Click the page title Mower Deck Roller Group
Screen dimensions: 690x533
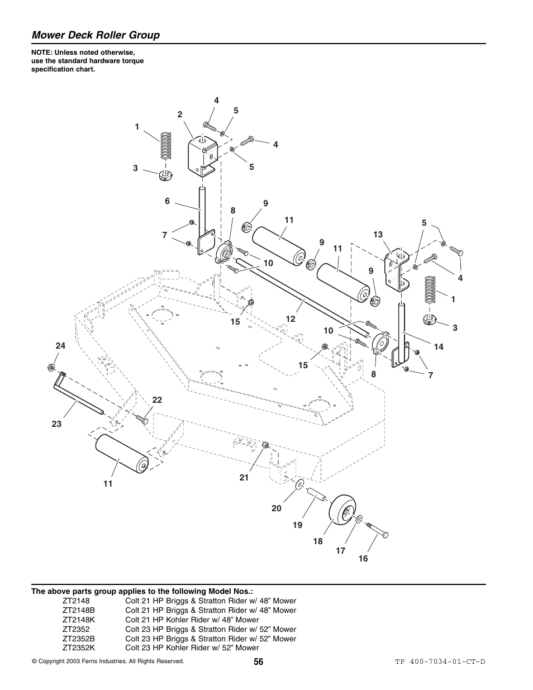(96, 35)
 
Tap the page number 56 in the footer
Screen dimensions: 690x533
(258, 662)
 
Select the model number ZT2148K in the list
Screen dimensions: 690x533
(79, 620)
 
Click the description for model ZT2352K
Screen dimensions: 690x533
(192, 648)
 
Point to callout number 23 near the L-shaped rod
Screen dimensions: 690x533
(56, 424)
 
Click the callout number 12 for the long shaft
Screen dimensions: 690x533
(291, 319)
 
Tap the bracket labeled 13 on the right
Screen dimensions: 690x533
(398, 270)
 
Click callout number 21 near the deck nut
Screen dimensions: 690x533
(244, 478)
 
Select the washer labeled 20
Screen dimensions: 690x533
(299, 483)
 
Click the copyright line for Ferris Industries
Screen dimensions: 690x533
(108, 661)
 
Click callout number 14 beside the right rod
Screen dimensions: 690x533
(438, 347)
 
